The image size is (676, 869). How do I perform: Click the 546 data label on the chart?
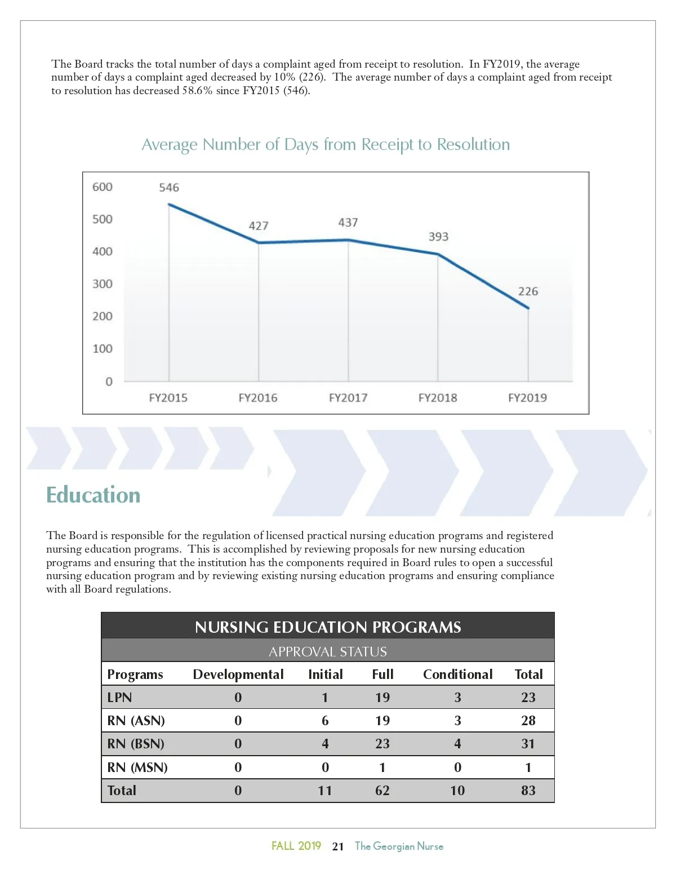tap(169, 187)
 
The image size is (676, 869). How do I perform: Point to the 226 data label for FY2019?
tap(528, 291)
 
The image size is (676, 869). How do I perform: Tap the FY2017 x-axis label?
tap(348, 398)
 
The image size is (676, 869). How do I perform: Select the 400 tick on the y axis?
tap(103, 252)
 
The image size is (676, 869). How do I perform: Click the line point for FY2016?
tap(259, 242)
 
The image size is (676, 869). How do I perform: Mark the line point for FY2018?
tap(438, 254)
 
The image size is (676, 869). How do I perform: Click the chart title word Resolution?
tap(473, 144)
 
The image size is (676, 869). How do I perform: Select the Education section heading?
tap(94, 495)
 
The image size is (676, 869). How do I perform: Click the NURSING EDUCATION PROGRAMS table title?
tap(328, 627)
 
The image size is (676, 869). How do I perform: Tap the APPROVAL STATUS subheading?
tap(328, 651)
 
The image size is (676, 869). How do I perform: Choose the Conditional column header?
tap(457, 674)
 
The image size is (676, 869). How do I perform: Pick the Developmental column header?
tap(238, 674)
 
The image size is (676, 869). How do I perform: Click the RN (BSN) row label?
tap(136, 744)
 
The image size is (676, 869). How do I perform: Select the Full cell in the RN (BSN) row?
tap(383, 744)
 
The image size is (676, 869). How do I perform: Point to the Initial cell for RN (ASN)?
tap(325, 721)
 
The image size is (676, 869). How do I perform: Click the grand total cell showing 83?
tap(528, 791)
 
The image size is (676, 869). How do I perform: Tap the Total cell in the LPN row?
tap(528, 698)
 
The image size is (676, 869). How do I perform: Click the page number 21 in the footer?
tap(338, 846)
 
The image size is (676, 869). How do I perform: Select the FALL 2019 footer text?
tap(296, 846)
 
